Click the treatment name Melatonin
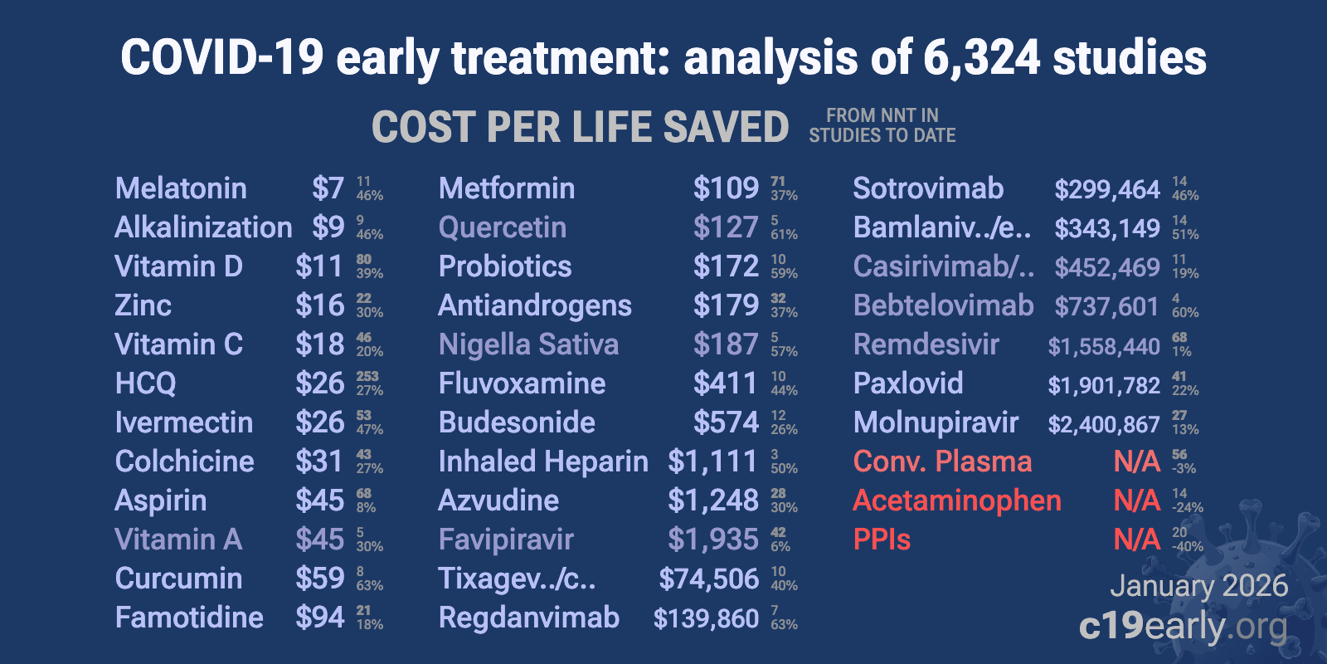[x=181, y=188]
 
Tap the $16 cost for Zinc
[x=319, y=305]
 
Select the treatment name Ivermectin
[x=183, y=422]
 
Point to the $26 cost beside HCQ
[x=319, y=383]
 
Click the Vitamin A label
[x=178, y=539]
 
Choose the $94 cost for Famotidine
[x=319, y=618]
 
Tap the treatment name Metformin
[x=506, y=188]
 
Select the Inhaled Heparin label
[x=543, y=461]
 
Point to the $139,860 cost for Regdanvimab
[x=706, y=618]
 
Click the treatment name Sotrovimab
[x=928, y=188]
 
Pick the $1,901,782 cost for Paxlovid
[x=1104, y=385]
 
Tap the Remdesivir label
[x=926, y=344]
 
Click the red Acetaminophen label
[x=957, y=500]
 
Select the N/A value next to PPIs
[x=1136, y=539]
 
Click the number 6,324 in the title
[x=980, y=58]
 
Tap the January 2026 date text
[x=1198, y=586]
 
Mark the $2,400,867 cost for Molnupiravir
[x=1104, y=424]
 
